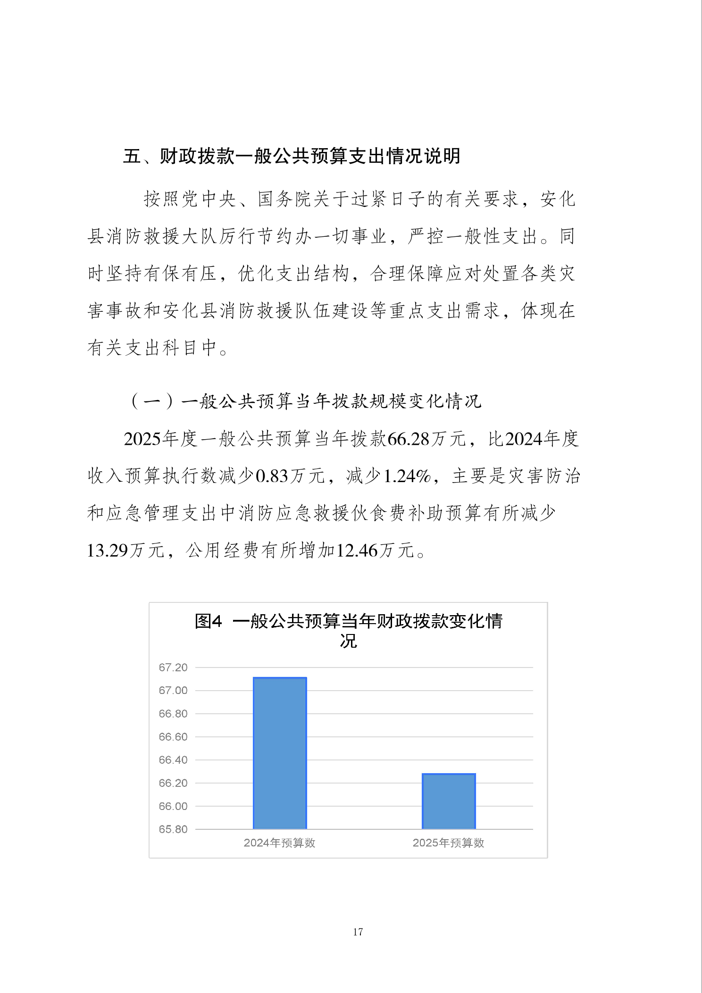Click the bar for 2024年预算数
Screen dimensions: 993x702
point(280,753)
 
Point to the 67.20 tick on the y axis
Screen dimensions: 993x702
point(173,668)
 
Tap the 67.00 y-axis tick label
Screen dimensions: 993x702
point(173,691)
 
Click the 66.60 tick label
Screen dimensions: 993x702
point(173,737)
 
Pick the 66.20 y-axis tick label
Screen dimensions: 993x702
point(173,783)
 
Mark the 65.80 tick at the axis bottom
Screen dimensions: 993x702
point(173,829)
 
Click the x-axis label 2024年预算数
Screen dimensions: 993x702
point(279,843)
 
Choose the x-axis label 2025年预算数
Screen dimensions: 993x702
point(448,843)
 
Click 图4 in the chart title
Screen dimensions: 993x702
point(208,621)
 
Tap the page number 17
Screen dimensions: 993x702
point(358,932)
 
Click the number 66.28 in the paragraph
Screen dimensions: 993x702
point(409,439)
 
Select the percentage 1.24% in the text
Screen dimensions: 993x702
point(407,476)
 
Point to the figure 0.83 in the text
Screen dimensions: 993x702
point(272,476)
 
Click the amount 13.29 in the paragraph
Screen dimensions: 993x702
point(108,551)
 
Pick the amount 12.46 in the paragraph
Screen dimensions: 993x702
point(357,551)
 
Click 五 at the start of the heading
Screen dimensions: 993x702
point(132,156)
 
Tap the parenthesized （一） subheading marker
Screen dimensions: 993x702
point(152,401)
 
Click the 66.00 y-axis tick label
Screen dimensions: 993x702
point(173,806)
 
